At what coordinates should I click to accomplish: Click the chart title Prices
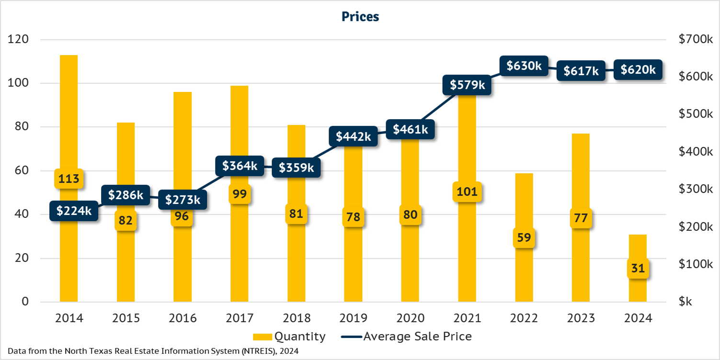click(x=360, y=17)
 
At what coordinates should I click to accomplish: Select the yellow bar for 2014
click(x=69, y=120)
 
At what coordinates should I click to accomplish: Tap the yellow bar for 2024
click(x=638, y=249)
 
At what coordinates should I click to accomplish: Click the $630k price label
click(x=524, y=66)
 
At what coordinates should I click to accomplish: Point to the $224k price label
click(x=74, y=211)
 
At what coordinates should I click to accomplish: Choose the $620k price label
click(x=638, y=70)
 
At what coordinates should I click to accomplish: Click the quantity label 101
click(x=467, y=192)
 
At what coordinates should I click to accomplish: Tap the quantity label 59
click(x=524, y=237)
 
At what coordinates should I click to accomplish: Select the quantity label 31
click(x=638, y=269)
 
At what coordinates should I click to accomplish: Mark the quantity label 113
click(x=69, y=179)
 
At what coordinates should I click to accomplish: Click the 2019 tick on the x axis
click(x=353, y=318)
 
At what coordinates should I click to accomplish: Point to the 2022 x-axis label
click(x=524, y=318)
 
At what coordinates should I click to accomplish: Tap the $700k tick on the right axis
click(x=696, y=40)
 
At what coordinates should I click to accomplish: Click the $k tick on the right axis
click(x=686, y=302)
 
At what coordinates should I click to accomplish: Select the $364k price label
click(x=240, y=166)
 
